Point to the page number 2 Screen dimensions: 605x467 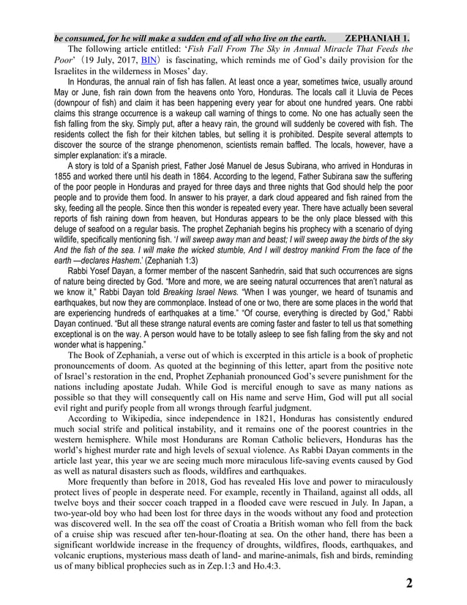pos(408,583)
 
